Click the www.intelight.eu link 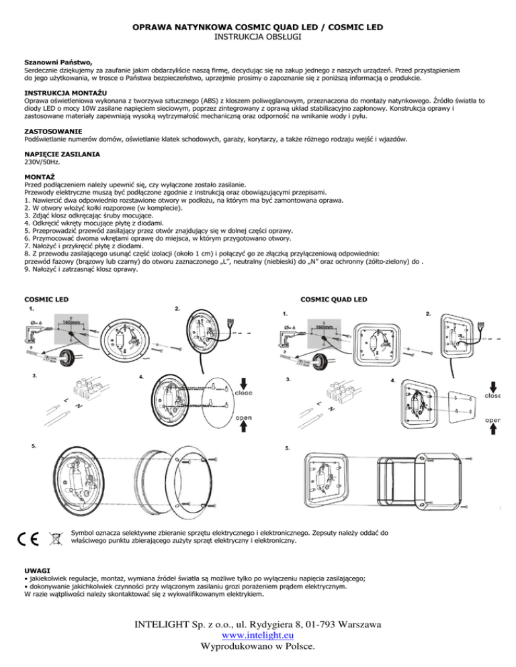point(257,636)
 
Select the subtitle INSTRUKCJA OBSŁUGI point(257,39)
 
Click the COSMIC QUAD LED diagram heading point(333,299)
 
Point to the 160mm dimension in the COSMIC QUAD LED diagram point(327,327)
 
